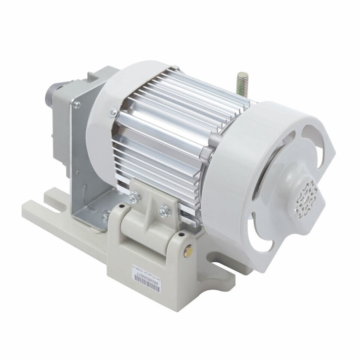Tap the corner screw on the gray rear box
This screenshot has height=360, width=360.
tap(77, 106)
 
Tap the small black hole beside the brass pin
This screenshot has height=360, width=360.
tap(181, 235)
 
